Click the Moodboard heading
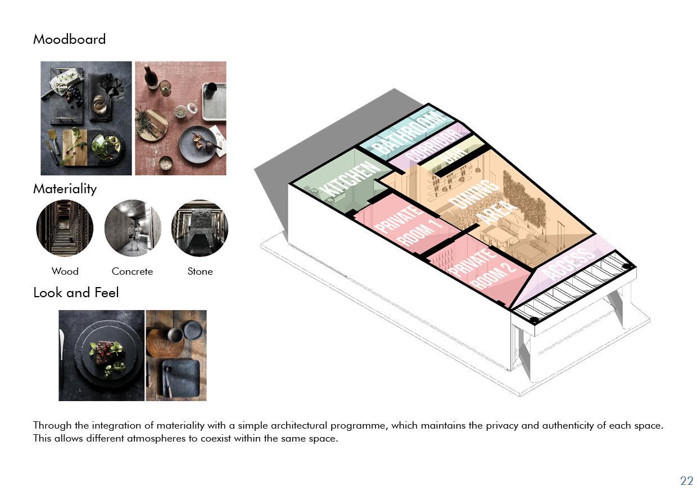coord(69,39)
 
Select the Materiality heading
coord(65,189)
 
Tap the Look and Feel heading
coord(76,293)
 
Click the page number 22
coord(686,481)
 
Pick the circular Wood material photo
coord(65,228)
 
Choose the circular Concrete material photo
coord(133,228)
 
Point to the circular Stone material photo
coord(200,228)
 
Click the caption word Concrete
coord(132,271)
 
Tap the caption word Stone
coord(200,271)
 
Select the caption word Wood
coord(65,271)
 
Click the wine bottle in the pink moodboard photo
coord(150,77)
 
